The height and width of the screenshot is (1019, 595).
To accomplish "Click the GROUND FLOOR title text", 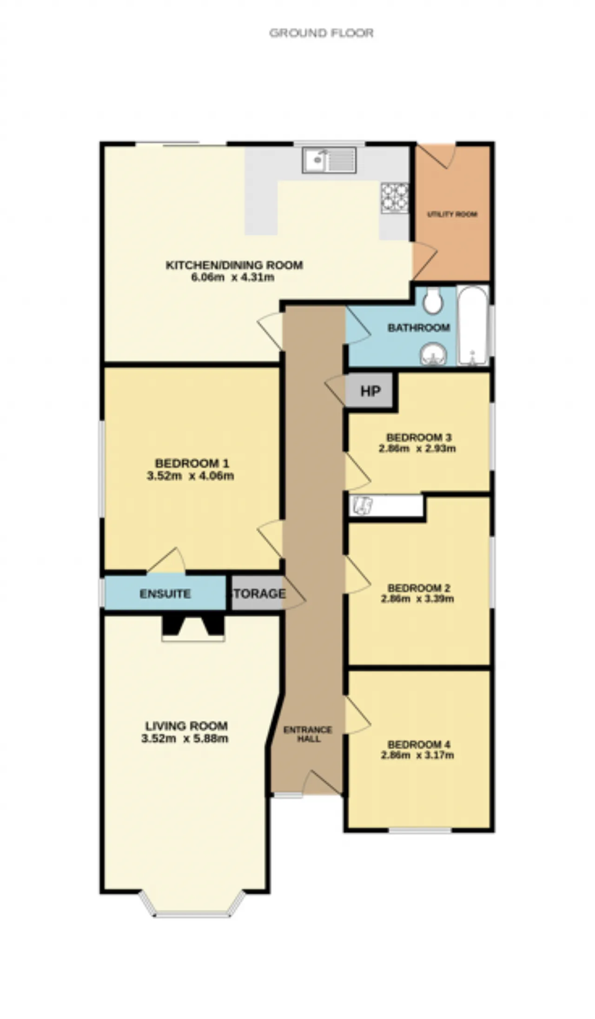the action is pyautogui.click(x=321, y=33).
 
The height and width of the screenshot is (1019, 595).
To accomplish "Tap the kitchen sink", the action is pyautogui.click(x=329, y=160).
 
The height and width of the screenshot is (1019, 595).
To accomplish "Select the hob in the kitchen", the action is pyautogui.click(x=395, y=198).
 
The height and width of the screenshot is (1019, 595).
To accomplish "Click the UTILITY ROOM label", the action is pyautogui.click(x=452, y=215).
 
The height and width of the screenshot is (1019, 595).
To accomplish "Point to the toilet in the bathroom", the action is pyautogui.click(x=433, y=300).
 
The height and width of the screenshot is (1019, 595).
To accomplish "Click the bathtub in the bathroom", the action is pyautogui.click(x=473, y=326).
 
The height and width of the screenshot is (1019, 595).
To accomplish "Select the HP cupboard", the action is pyautogui.click(x=370, y=391).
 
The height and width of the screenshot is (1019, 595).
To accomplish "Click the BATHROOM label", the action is pyautogui.click(x=419, y=328).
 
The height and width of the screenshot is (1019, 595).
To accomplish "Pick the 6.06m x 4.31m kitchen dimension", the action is pyautogui.click(x=233, y=278).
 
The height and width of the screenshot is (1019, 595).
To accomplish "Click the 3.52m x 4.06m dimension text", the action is pyautogui.click(x=191, y=476).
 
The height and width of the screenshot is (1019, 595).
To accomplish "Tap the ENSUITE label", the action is pyautogui.click(x=165, y=594).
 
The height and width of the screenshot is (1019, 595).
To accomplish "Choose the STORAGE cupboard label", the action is pyautogui.click(x=258, y=594).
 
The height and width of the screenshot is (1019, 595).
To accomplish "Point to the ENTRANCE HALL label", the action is pyautogui.click(x=308, y=734).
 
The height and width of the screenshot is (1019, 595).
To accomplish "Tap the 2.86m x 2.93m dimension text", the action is pyautogui.click(x=417, y=449).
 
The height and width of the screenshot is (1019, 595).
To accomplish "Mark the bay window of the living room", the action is pyautogui.click(x=192, y=904).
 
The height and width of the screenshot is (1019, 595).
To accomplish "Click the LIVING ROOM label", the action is pyautogui.click(x=186, y=726).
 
